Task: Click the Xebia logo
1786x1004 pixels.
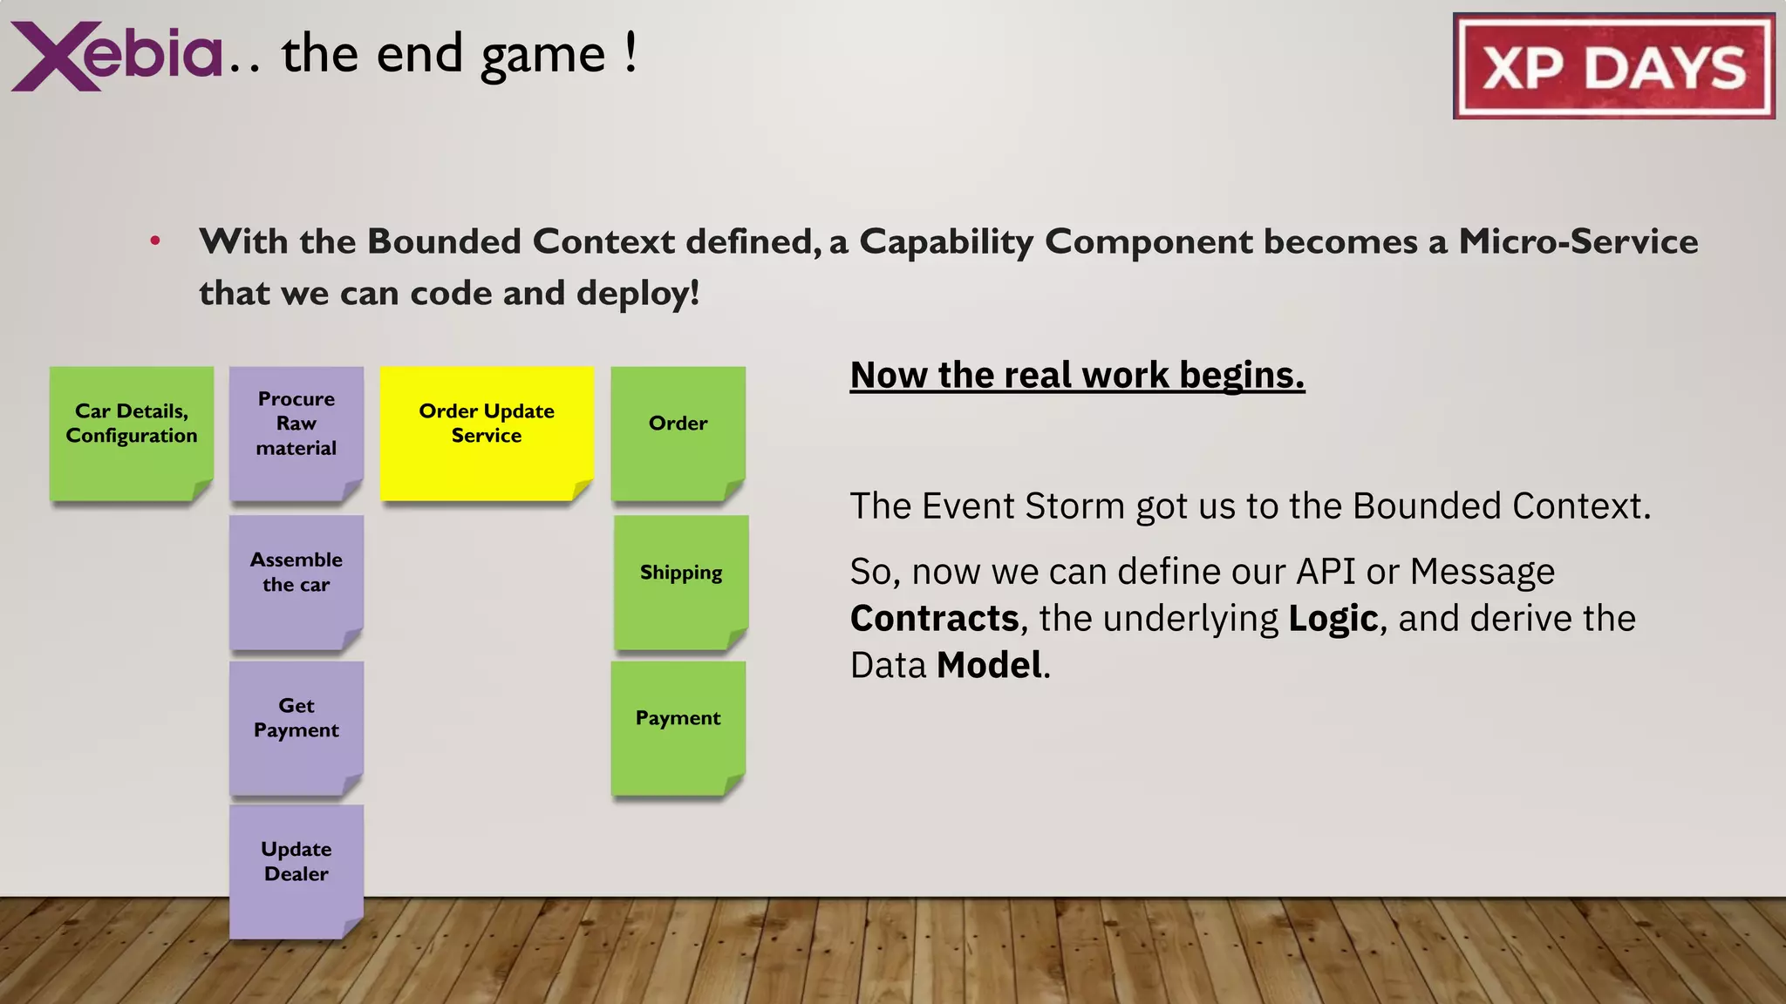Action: click(118, 56)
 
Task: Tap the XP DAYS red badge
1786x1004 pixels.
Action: click(1613, 67)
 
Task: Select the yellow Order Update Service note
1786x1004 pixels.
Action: click(487, 433)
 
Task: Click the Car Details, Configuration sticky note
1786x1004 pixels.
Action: click(132, 433)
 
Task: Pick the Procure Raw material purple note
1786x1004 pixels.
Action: click(297, 433)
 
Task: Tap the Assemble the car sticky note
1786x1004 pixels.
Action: click(297, 581)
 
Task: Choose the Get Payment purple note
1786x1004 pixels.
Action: click(297, 728)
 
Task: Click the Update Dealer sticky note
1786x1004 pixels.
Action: click(297, 871)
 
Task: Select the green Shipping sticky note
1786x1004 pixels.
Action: click(681, 581)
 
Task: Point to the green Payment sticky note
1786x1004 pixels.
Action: click(678, 728)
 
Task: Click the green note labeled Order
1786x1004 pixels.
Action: click(678, 433)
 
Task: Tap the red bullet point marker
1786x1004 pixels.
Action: click(155, 241)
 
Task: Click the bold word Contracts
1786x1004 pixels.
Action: click(934, 619)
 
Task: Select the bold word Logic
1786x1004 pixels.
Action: click(1333, 619)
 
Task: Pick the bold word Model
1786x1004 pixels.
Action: click(989, 666)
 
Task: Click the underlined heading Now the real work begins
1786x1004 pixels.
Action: click(1077, 376)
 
